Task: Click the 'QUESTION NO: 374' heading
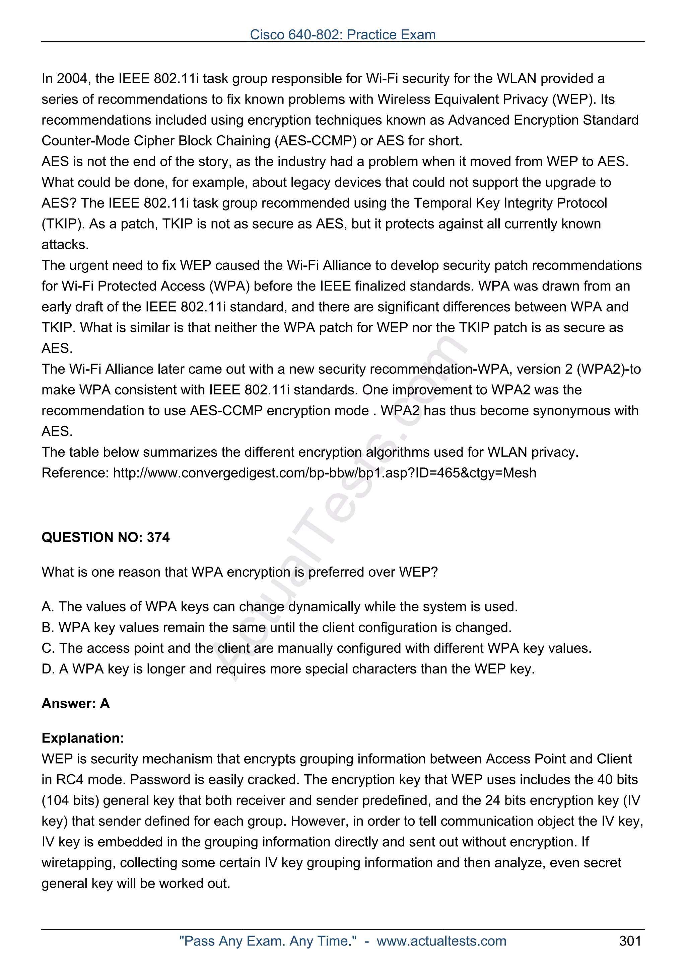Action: tap(105, 537)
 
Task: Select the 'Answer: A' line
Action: tap(75, 703)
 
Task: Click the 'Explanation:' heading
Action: tap(82, 738)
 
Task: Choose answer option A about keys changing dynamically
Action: tap(279, 606)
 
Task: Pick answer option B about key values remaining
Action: tap(276, 627)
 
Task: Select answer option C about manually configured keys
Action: tap(316, 648)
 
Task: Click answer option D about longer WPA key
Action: tap(288, 669)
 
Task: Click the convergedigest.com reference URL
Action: tap(324, 472)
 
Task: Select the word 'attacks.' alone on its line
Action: tap(65, 245)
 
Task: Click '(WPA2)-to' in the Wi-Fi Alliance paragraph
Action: tap(609, 369)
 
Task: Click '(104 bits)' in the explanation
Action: tap(70, 800)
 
